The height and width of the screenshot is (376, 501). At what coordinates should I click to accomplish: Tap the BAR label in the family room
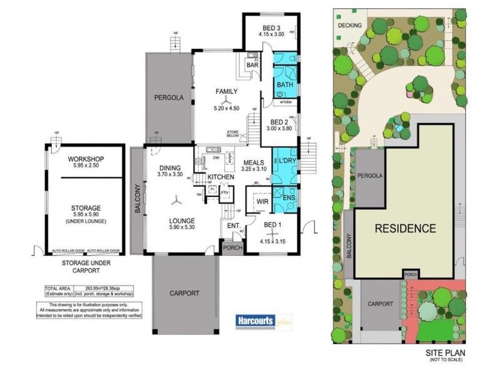(253, 65)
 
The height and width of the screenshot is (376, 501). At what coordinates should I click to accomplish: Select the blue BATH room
(285, 85)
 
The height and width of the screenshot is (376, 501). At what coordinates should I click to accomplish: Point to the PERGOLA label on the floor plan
(168, 98)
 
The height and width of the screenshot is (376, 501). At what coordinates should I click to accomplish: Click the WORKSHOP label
(86, 159)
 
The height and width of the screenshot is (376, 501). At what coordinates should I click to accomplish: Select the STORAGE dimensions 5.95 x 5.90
(86, 214)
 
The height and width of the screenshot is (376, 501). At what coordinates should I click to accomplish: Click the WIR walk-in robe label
(262, 202)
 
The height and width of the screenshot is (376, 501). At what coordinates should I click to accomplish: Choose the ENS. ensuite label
(289, 199)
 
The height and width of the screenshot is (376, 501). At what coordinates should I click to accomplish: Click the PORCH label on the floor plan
(232, 247)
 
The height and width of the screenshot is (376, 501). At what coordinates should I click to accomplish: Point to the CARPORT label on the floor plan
(184, 293)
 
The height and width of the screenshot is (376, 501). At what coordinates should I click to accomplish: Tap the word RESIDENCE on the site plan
(405, 228)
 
